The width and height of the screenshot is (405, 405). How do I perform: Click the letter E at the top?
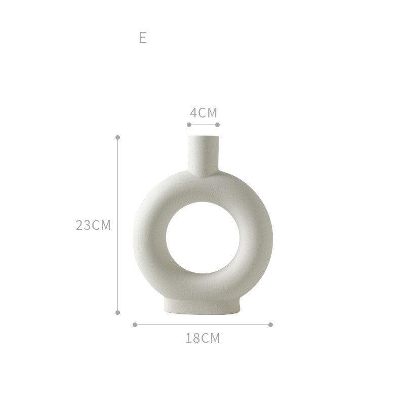click(143, 38)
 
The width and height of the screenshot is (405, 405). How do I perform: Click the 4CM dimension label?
click(204, 112)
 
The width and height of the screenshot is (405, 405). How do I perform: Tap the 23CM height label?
click(93, 225)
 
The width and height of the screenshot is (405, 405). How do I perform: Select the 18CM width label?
click(203, 338)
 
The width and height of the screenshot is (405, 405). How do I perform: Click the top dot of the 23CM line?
click(118, 137)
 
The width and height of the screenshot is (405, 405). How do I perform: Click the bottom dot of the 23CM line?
click(118, 312)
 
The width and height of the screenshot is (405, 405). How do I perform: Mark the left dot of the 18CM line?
click(135, 325)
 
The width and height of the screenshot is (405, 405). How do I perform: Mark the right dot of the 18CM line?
click(271, 325)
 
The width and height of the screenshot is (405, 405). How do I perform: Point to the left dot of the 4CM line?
click(189, 124)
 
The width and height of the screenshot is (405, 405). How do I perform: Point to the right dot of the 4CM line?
click(217, 124)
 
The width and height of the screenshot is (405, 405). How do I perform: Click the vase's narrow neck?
click(203, 154)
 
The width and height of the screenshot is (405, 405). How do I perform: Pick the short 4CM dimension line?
click(203, 124)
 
